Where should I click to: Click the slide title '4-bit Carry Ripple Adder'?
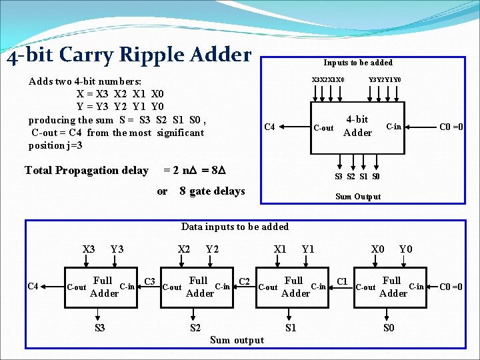(129, 55)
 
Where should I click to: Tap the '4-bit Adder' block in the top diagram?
(357, 126)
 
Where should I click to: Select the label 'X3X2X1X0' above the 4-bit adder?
(328, 80)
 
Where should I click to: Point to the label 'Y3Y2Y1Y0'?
(385, 80)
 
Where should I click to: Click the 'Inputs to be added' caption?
(358, 63)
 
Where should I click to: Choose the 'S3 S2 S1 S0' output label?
(357, 177)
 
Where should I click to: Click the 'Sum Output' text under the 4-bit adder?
(358, 197)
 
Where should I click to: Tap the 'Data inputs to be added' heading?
(235, 227)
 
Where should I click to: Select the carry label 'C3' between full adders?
(150, 281)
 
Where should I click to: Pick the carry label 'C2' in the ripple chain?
(245, 281)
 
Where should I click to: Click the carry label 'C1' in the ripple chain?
(343, 281)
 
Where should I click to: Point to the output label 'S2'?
(195, 328)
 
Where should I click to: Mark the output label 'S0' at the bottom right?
(389, 328)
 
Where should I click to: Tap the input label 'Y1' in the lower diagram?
(309, 249)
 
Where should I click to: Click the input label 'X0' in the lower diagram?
(378, 249)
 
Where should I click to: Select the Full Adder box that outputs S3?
(103, 287)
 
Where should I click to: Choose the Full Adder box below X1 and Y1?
(294, 287)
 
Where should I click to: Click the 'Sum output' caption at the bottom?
(237, 340)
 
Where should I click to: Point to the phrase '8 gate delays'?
(212, 191)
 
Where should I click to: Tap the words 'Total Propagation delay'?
(87, 171)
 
